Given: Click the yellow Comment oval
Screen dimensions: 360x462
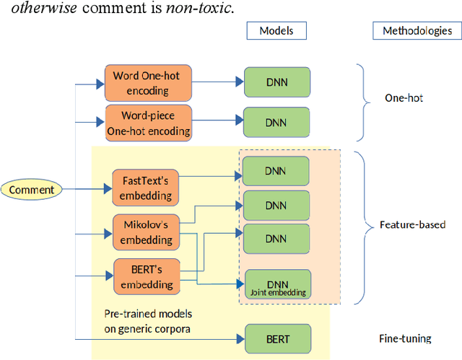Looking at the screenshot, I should pyautogui.click(x=32, y=190).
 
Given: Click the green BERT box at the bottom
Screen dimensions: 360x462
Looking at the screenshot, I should pyautogui.click(x=277, y=338).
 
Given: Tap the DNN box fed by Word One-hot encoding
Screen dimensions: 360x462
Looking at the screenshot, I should pyautogui.click(x=276, y=82).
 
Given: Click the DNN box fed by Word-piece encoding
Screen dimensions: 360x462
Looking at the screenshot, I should pyautogui.click(x=276, y=122).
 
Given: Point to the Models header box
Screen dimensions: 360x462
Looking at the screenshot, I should pyautogui.click(x=276, y=30).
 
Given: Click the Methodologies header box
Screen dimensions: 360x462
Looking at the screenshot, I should pyautogui.click(x=417, y=30).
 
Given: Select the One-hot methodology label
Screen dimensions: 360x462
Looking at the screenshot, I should pyautogui.click(x=404, y=97).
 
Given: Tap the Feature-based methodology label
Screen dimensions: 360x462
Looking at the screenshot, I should pyautogui.click(x=412, y=224).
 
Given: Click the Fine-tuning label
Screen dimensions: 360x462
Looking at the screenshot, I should pyautogui.click(x=405, y=338).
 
